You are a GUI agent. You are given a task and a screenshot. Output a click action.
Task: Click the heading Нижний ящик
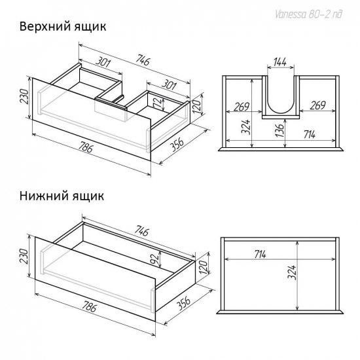[61, 195]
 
